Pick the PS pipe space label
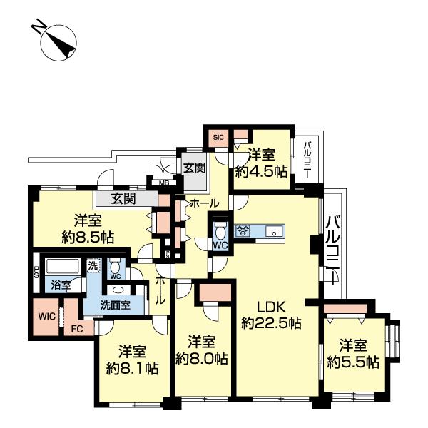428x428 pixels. (x=36, y=272)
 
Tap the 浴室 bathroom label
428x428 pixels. (x=61, y=285)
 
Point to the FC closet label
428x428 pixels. (x=77, y=330)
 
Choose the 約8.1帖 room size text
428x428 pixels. (x=132, y=369)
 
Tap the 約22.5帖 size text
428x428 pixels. (x=271, y=323)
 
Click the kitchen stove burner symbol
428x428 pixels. (x=243, y=230)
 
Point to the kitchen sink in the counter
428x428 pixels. (x=272, y=231)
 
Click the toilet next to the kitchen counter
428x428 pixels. (x=220, y=231)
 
